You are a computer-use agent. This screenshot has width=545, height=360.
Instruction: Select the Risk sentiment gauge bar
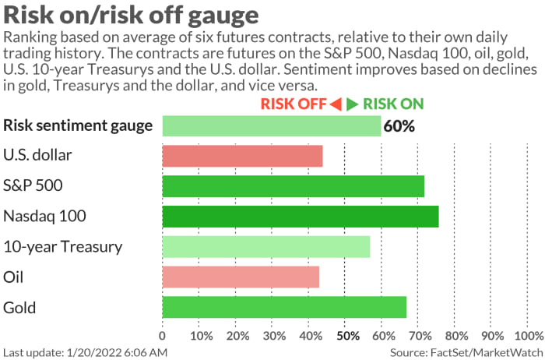[x=272, y=125]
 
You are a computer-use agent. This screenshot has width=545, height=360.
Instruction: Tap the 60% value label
[x=399, y=125]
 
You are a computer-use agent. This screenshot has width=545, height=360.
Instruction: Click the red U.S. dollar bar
[x=242, y=156]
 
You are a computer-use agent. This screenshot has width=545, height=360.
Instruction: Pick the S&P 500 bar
[x=293, y=186]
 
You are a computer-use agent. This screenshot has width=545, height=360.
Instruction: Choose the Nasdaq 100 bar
[x=300, y=216]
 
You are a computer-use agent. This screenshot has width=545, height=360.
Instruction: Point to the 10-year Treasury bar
[x=266, y=246]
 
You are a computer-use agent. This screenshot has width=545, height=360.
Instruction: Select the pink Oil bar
[x=241, y=277]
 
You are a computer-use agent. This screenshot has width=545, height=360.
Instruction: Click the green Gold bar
[x=284, y=307]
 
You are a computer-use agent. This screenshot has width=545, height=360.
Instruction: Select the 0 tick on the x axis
[x=162, y=336]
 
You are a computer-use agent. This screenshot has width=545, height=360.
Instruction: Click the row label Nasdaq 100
[x=44, y=216]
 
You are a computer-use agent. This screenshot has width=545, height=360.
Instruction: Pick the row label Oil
[x=14, y=277]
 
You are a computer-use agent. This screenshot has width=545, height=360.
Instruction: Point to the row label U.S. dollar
[x=38, y=156]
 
